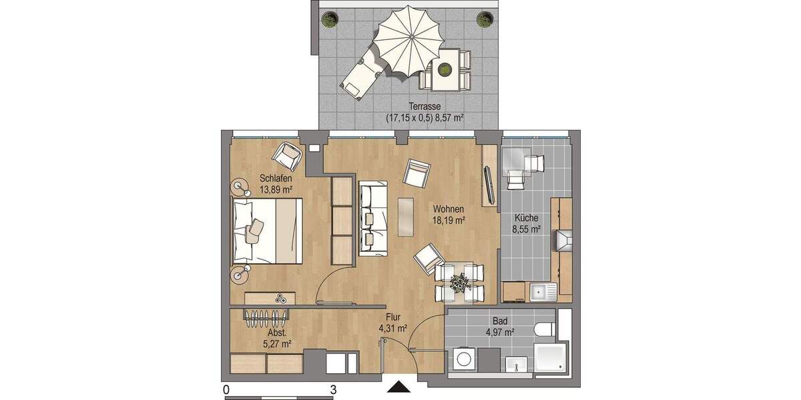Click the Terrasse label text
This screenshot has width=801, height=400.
(425, 106)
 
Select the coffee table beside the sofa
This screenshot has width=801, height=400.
(405, 217)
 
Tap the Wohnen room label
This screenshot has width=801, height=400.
(448, 209)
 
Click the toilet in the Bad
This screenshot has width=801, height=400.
(544, 329)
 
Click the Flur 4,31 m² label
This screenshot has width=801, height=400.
(393, 323)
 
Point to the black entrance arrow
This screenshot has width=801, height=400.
(399, 387)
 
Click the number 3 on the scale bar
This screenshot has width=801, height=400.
(332, 388)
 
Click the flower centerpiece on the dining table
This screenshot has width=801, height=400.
(459, 281)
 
